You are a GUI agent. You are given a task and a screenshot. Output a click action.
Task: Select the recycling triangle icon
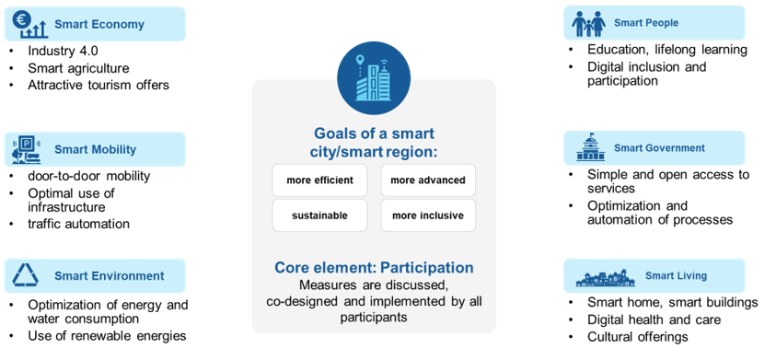tap(25, 275)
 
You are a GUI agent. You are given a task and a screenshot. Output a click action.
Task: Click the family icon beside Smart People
tap(588, 23)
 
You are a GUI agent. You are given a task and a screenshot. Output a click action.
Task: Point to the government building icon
tap(590, 147)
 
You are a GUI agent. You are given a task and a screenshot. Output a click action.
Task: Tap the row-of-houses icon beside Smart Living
tap(606, 278)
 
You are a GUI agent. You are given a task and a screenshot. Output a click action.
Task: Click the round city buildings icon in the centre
tap(374, 78)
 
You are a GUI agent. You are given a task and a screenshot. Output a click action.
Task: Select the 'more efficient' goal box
tap(319, 180)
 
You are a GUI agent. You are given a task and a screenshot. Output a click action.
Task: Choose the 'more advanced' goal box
tap(428, 180)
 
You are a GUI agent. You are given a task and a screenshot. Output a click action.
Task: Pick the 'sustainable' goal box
tap(319, 215)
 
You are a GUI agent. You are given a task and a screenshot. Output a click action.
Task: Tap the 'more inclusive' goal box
tap(428, 215)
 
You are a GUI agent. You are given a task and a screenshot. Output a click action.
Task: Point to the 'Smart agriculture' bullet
tap(78, 68)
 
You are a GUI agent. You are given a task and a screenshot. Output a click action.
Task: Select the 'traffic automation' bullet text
tap(78, 224)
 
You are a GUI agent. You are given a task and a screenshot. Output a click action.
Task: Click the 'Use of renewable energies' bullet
tap(107, 336)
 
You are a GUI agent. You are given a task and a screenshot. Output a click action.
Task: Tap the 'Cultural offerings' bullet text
tap(638, 337)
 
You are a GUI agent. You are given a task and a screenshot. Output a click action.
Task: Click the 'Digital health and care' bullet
tap(654, 319)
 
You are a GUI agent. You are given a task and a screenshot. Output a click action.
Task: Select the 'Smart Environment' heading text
tap(110, 276)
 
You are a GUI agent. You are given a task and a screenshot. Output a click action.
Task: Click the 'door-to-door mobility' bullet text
tap(89, 176)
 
